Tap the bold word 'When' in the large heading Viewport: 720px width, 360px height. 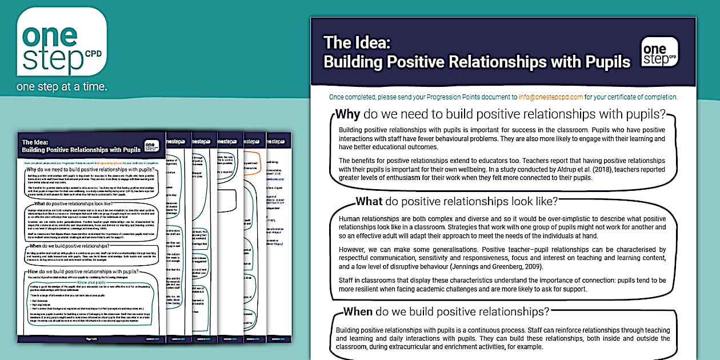(x=358, y=311)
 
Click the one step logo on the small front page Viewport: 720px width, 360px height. (x=151, y=146)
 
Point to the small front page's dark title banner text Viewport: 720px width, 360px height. (x=81, y=146)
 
